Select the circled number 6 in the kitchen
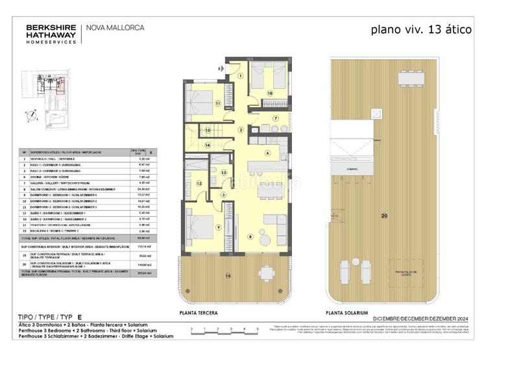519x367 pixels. click(267, 153)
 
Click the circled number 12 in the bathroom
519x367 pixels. click(199, 184)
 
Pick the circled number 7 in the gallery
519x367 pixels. click(275, 118)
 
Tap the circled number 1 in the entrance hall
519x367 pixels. click(240, 75)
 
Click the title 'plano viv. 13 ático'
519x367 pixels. click(420, 29)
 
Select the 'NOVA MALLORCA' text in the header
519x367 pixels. click(115, 28)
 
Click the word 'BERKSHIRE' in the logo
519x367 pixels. click(49, 27)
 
